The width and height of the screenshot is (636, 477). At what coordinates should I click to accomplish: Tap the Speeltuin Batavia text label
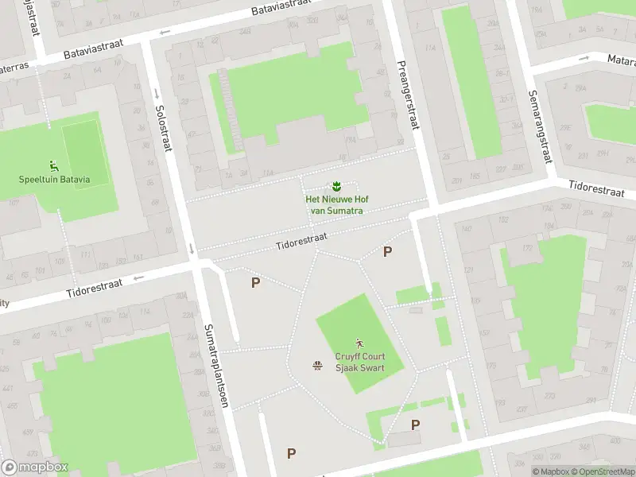click(54, 180)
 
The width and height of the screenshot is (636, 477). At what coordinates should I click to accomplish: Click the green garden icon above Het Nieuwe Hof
click(337, 186)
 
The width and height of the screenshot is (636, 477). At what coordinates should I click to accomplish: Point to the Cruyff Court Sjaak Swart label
click(359, 363)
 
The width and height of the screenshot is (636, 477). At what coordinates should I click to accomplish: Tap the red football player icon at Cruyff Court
click(359, 343)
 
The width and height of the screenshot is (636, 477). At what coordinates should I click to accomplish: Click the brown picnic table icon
click(318, 365)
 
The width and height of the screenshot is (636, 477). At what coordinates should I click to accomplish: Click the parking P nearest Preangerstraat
click(387, 252)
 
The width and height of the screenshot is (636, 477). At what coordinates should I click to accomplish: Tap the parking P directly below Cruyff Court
click(415, 425)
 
